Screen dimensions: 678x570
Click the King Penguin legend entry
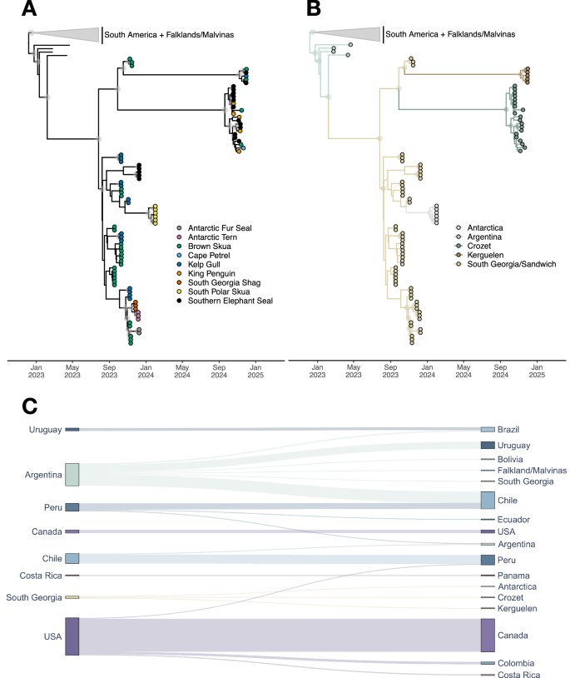point(213,272)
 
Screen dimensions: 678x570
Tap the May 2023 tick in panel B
point(354,371)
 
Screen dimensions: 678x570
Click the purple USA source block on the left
point(72,636)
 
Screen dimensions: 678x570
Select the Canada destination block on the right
point(488,635)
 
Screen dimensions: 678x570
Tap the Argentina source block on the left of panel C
point(72,475)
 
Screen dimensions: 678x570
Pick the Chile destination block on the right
point(488,500)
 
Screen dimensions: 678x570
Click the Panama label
point(515,576)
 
